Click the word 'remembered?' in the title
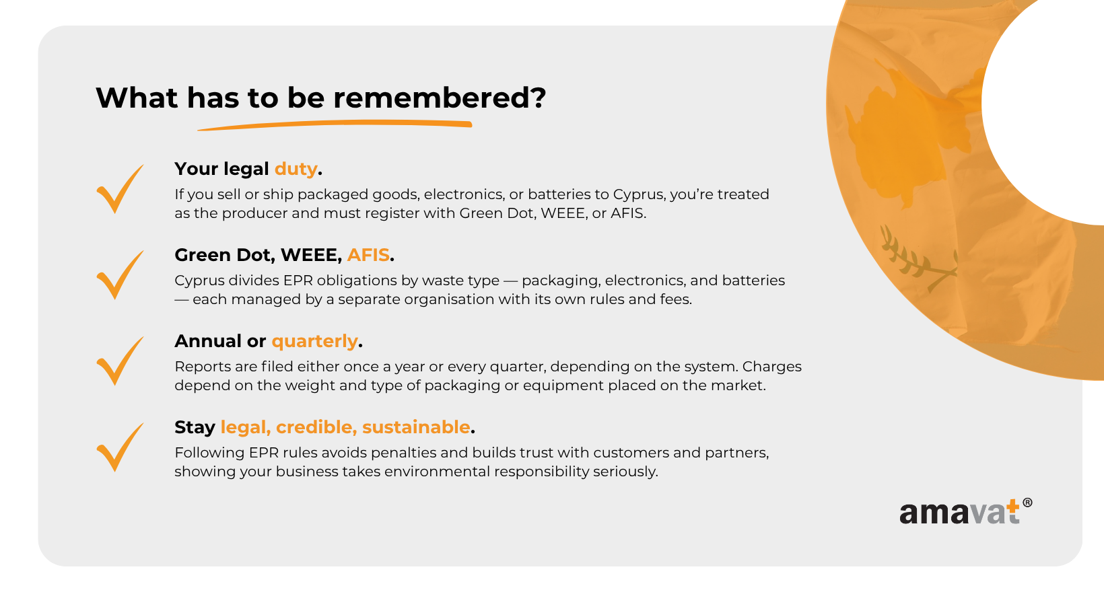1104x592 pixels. (440, 98)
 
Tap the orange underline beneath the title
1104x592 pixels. (335, 125)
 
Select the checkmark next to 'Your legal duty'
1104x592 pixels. (120, 188)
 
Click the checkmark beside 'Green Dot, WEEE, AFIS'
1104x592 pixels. (120, 275)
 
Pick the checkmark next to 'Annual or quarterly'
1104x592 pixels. (120, 361)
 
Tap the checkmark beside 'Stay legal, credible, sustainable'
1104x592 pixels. (120, 447)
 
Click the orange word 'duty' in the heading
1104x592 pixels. (296, 169)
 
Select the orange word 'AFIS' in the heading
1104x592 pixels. (368, 255)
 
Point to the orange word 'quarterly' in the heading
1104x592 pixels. (314, 341)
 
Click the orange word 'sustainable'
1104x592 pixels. (416, 427)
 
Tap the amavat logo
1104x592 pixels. (965, 511)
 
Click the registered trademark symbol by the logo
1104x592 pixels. (1027, 503)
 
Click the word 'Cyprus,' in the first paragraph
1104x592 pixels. (640, 194)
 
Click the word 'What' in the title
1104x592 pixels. (137, 98)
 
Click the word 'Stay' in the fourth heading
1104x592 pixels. (195, 427)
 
